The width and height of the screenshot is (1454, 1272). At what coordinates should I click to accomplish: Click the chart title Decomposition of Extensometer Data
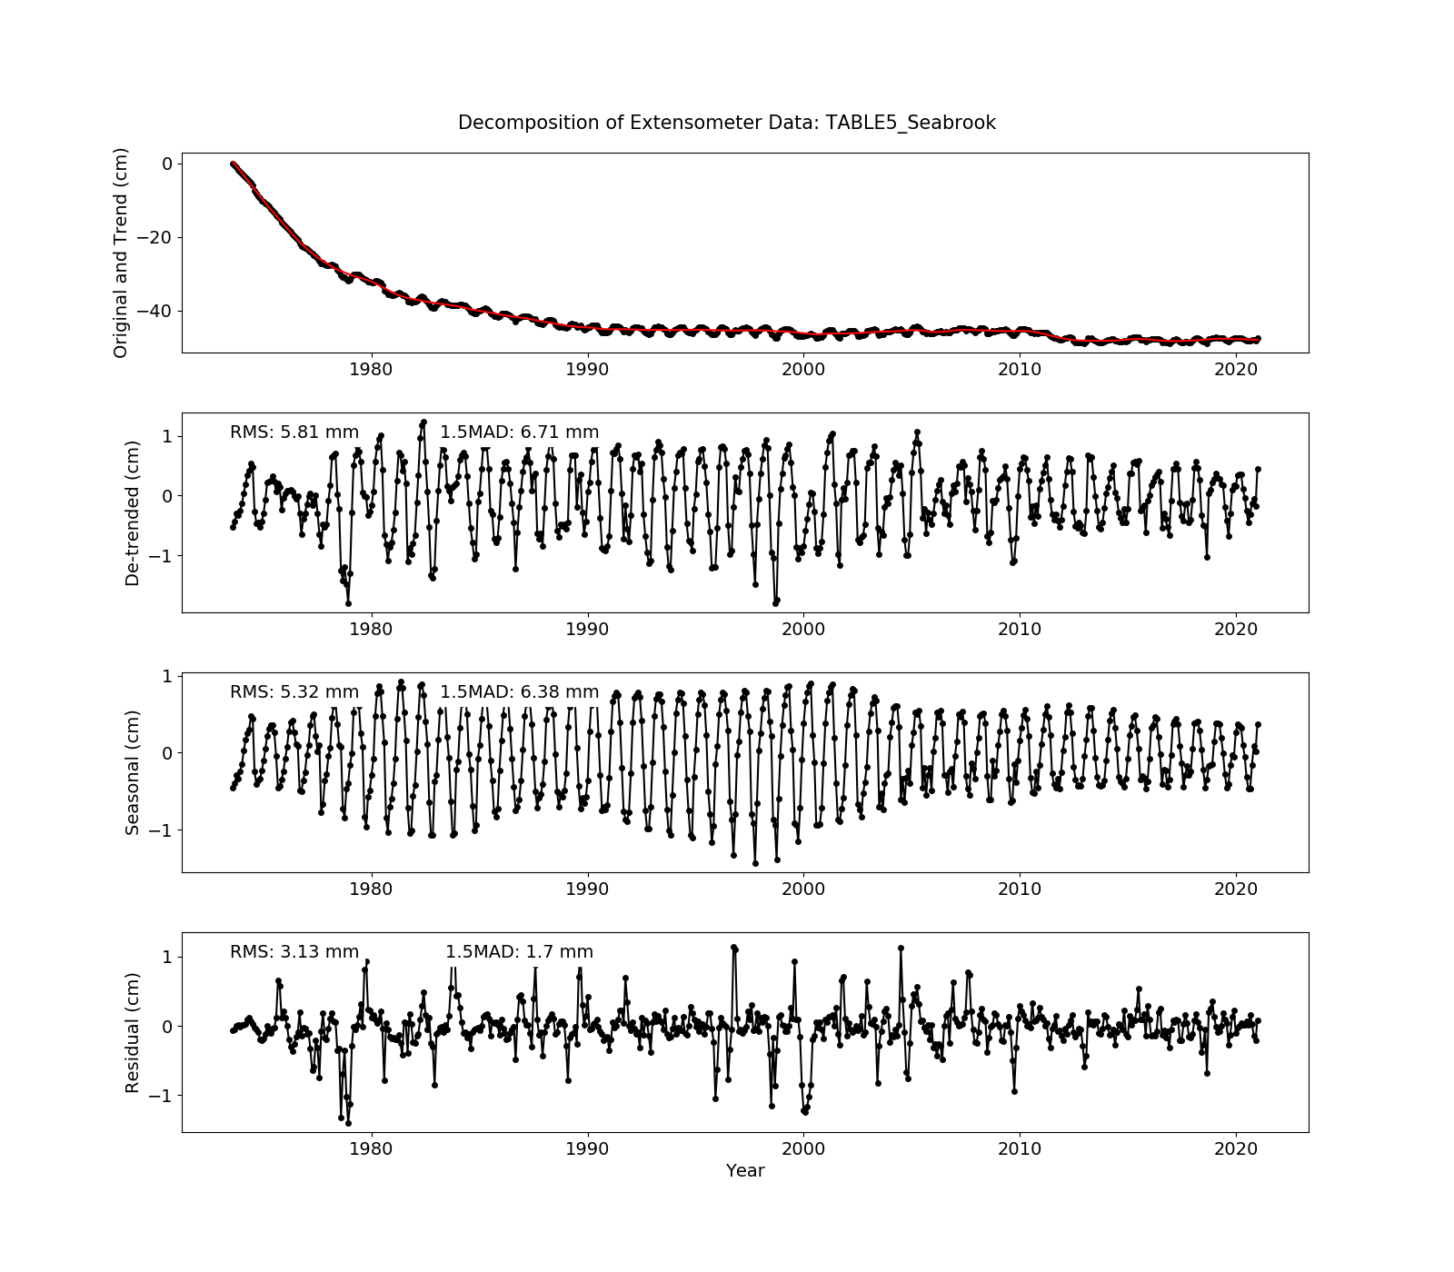tap(726, 123)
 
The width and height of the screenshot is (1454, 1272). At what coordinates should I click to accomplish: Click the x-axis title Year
tap(744, 1170)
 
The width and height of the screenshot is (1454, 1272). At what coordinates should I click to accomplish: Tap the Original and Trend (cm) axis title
tap(121, 253)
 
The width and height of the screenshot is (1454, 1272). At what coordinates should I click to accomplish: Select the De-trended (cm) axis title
tap(133, 512)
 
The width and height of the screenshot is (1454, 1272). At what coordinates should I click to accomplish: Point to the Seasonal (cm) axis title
tap(133, 772)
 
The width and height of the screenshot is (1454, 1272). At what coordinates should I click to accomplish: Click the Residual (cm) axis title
tap(133, 1032)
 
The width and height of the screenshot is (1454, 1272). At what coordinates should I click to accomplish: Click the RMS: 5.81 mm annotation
tap(294, 432)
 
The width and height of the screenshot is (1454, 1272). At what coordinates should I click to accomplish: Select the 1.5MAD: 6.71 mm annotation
tap(519, 432)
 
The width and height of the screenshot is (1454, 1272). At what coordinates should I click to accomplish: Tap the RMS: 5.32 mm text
tap(294, 692)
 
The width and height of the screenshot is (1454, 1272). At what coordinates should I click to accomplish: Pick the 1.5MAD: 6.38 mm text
tap(519, 692)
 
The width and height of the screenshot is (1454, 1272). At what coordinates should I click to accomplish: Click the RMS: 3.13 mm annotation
tap(294, 952)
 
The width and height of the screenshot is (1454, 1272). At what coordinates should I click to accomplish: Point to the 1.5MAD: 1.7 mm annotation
tap(519, 952)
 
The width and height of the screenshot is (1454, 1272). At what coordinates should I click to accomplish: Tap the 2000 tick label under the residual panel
tap(803, 1148)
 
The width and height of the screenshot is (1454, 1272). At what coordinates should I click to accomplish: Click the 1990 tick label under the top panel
tap(587, 369)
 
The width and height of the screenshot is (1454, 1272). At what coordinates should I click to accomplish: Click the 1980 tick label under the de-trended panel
tap(371, 629)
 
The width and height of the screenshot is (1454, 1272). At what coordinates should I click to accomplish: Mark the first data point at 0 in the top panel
tap(233, 164)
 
